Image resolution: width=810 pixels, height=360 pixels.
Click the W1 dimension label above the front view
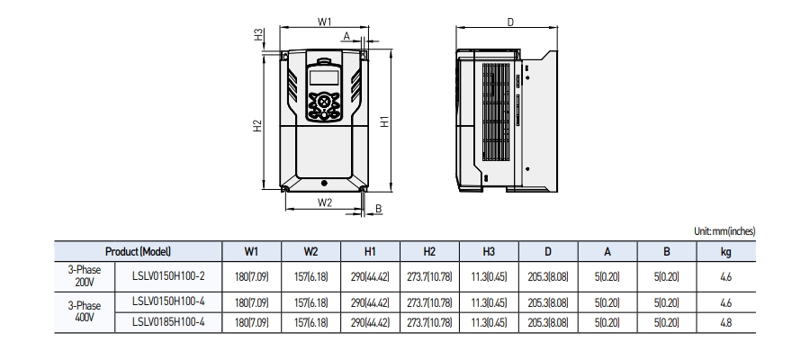325,21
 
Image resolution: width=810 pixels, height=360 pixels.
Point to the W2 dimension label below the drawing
325,202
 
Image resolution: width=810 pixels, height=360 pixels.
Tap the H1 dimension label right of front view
384,121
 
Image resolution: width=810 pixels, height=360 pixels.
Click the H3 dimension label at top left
258,36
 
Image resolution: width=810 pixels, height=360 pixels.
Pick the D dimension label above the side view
510,21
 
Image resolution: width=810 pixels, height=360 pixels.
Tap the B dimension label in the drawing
378,209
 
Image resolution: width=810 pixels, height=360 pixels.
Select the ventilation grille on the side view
496,112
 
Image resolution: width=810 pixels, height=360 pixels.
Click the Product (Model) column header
138,252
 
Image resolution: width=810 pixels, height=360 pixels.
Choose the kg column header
725,252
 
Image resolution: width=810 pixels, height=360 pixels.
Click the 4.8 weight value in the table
725,320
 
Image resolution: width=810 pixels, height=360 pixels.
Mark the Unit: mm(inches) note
724,231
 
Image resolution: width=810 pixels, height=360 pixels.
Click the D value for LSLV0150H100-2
548,276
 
